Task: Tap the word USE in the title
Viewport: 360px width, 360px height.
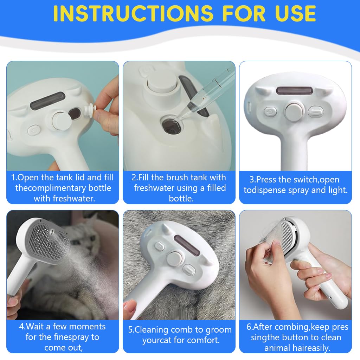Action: tap(290, 13)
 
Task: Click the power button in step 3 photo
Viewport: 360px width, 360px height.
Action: tap(270, 112)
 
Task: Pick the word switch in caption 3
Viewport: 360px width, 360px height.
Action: tap(303, 180)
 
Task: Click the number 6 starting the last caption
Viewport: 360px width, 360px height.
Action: tap(249, 327)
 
